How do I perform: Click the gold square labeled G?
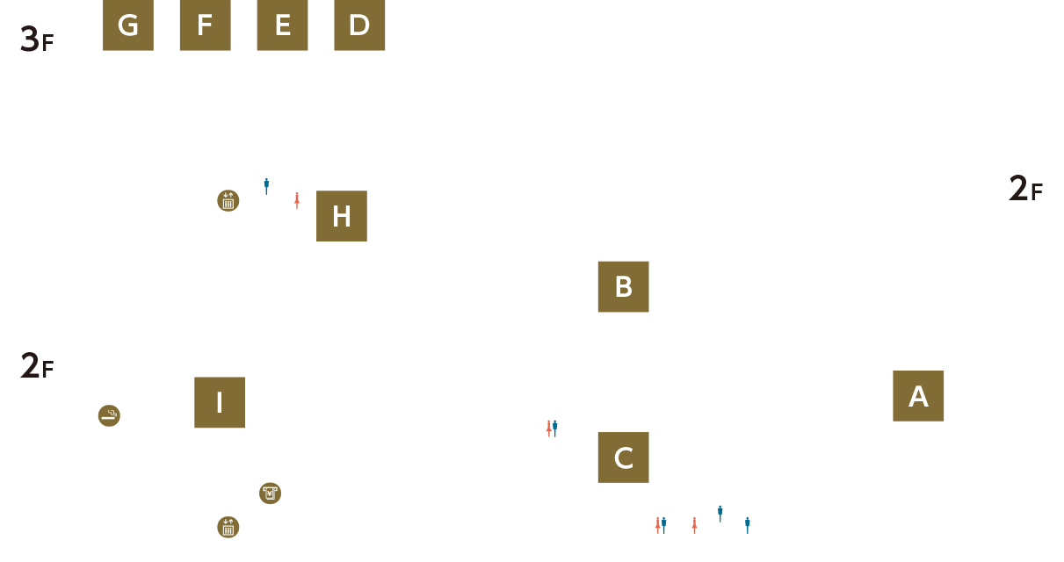click(x=128, y=25)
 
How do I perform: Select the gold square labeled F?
click(x=205, y=25)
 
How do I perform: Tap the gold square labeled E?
click(x=282, y=25)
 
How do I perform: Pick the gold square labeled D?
click(x=359, y=25)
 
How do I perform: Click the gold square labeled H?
click(x=342, y=216)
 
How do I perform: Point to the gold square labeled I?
click(x=219, y=402)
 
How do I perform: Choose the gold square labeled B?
click(x=623, y=286)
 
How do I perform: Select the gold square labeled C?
click(x=623, y=458)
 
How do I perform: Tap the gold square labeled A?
click(x=918, y=396)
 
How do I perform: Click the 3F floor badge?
click(x=37, y=37)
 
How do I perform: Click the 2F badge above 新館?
click(x=1025, y=186)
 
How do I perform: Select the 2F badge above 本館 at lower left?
click(x=37, y=364)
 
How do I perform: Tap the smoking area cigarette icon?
click(x=109, y=415)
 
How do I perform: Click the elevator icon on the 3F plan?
click(x=228, y=200)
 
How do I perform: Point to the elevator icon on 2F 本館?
click(x=228, y=527)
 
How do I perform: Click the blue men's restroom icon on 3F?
click(x=266, y=186)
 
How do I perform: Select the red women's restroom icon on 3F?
click(x=297, y=200)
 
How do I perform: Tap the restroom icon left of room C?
click(x=552, y=428)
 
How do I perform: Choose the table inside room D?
click(x=381, y=64)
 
